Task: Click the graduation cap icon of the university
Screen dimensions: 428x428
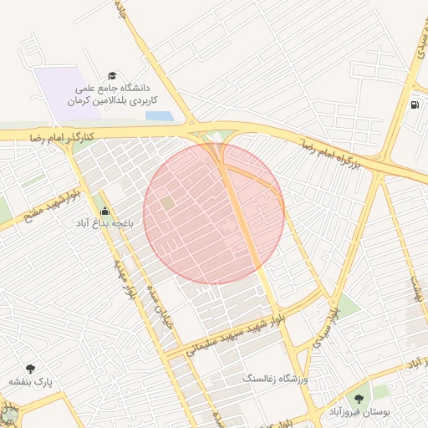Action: click(113, 74)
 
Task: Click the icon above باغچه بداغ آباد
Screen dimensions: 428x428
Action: click(104, 210)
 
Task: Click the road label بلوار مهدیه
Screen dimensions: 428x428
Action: click(123, 278)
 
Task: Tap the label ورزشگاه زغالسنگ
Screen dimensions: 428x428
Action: click(275, 380)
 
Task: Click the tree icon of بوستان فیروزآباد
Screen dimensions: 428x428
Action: click(359, 400)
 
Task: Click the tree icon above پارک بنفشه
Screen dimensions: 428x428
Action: click(31, 368)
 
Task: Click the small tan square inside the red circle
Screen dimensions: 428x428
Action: click(168, 202)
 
